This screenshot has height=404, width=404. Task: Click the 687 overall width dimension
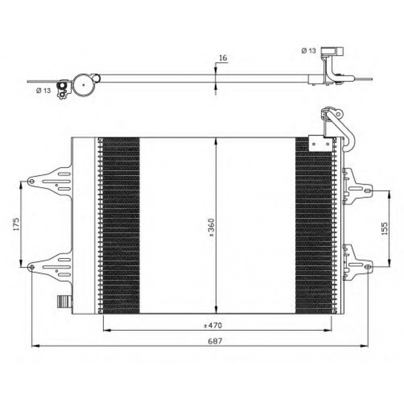click(x=215, y=341)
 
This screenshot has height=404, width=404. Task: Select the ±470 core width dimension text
click(x=213, y=325)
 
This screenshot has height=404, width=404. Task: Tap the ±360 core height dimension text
click(x=211, y=227)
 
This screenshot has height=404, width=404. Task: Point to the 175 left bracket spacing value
click(x=16, y=224)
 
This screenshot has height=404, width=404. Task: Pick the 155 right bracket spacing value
click(x=384, y=228)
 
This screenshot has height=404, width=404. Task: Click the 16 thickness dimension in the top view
click(x=223, y=58)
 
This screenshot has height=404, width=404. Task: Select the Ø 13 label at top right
click(x=309, y=51)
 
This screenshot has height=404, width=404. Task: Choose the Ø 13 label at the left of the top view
click(x=44, y=90)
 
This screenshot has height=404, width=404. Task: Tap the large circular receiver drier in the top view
click(x=83, y=84)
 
